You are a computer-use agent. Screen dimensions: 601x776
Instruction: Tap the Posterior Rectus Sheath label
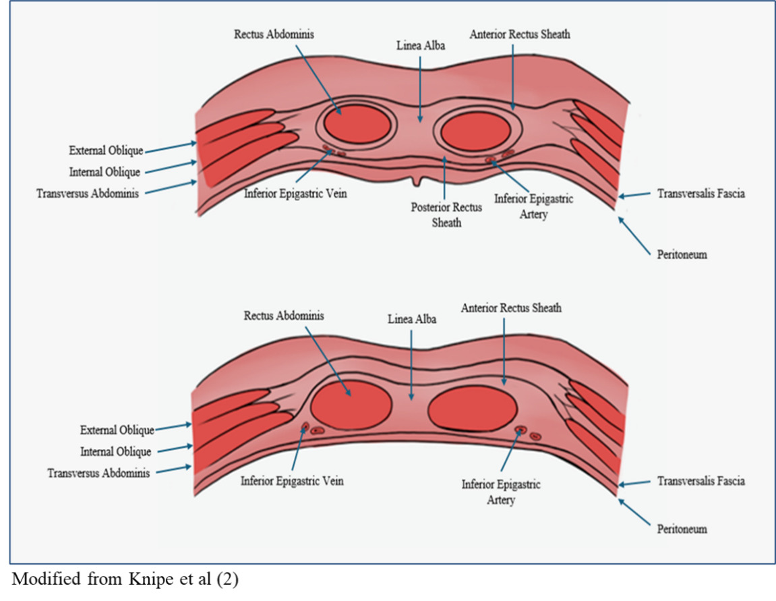click(x=446, y=214)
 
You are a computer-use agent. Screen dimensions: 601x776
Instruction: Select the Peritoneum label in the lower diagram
click(x=682, y=529)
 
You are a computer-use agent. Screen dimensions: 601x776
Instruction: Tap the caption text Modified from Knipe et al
click(x=123, y=581)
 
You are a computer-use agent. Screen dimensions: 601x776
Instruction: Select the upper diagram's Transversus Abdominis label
click(x=88, y=194)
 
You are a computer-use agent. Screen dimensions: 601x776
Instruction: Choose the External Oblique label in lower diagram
click(x=117, y=430)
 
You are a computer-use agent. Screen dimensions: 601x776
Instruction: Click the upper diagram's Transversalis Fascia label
click(x=701, y=194)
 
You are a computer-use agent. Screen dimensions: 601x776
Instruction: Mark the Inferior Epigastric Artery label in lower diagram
click(x=501, y=492)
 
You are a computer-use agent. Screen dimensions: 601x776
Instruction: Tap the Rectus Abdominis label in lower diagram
click(x=284, y=315)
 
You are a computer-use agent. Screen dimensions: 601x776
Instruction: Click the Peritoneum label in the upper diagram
click(x=682, y=255)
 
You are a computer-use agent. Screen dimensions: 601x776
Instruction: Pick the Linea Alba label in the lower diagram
click(x=411, y=319)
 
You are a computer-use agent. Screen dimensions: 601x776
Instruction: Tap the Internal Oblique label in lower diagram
click(x=115, y=451)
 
